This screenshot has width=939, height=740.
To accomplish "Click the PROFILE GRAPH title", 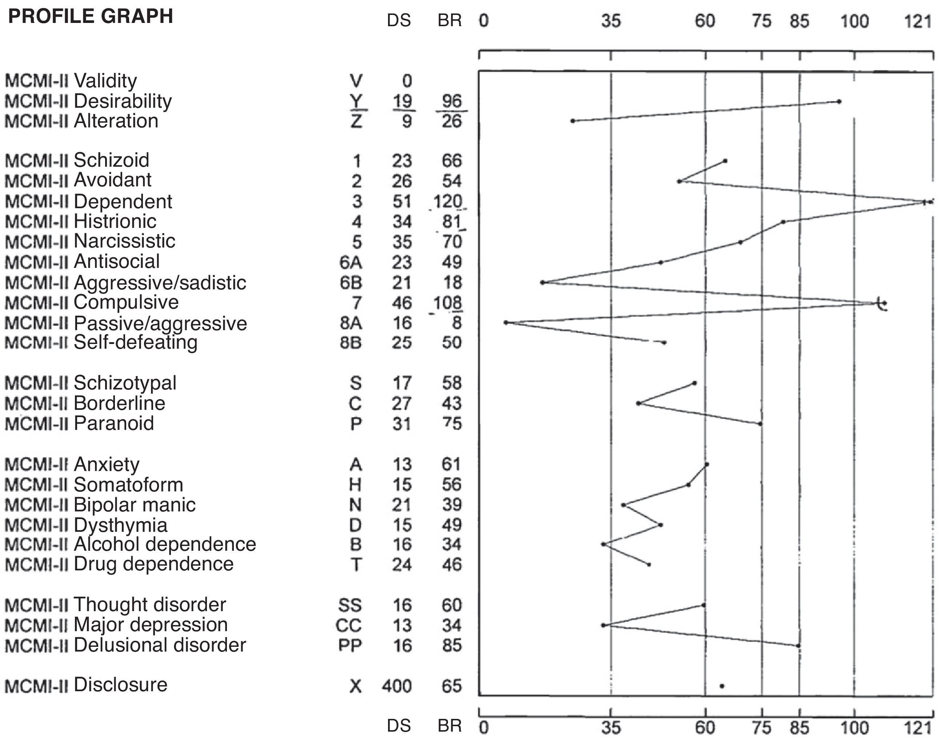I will pyautogui.click(x=91, y=16).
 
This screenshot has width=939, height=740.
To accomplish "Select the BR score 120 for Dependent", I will pyautogui.click(x=448, y=201).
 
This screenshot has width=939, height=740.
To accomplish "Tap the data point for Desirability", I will pyautogui.click(x=839, y=102).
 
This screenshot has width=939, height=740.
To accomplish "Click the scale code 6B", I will pyautogui.click(x=351, y=282).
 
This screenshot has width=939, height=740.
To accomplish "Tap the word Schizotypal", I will pyautogui.click(x=125, y=383).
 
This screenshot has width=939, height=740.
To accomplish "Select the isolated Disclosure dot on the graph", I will pyautogui.click(x=722, y=686).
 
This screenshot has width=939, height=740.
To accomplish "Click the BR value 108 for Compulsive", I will pyautogui.click(x=448, y=303).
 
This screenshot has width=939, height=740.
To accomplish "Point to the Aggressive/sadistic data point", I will pyautogui.click(x=542, y=282).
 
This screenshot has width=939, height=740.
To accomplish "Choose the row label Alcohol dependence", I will pyautogui.click(x=165, y=544).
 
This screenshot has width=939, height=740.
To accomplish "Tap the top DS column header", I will pyautogui.click(x=399, y=21).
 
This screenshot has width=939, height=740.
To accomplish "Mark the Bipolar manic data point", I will pyautogui.click(x=623, y=505).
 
